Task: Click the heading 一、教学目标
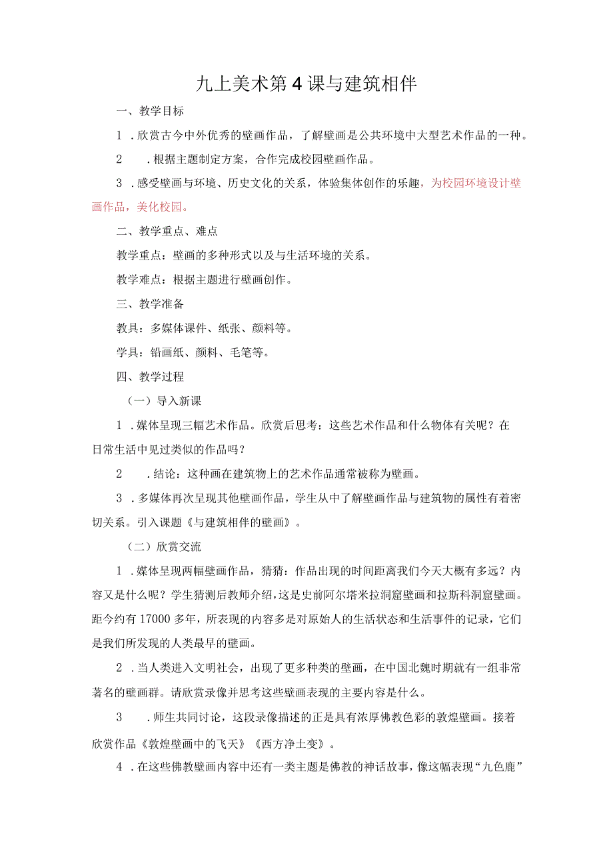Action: coord(150,111)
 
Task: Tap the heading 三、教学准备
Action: coord(150,304)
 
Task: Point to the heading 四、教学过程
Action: coord(150,376)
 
